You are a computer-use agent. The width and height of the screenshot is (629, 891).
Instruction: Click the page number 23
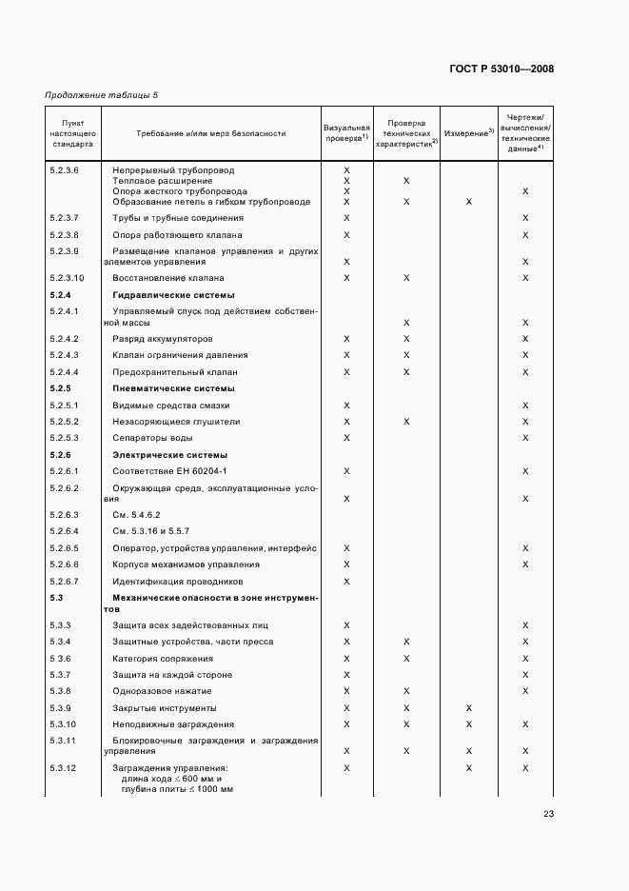point(549,813)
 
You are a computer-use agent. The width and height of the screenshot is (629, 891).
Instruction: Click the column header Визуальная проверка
point(346,132)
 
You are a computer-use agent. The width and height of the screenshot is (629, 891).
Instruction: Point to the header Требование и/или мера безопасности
point(210,133)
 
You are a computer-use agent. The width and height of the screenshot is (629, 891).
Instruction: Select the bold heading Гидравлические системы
point(172,295)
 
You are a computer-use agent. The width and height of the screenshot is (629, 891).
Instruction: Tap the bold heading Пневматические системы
point(173,388)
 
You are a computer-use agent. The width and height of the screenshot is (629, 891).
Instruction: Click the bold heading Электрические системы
point(170,455)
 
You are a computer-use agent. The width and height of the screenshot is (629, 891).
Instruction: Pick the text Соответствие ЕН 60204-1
point(169,471)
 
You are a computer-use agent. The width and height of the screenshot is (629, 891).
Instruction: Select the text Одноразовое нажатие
point(162,691)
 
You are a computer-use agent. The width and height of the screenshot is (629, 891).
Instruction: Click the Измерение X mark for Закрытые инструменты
point(469,708)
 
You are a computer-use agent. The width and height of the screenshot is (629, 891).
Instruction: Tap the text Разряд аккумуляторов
point(163,339)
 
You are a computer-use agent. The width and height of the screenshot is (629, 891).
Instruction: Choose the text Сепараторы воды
point(152,438)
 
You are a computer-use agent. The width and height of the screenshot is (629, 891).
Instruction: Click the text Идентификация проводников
point(178,581)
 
